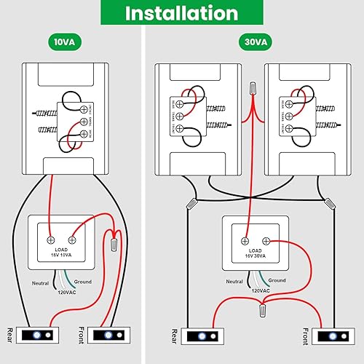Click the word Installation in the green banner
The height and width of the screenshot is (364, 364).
pos(181,13)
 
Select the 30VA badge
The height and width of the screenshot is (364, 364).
pos(251,42)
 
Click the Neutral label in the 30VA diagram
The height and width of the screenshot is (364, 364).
pos(234,281)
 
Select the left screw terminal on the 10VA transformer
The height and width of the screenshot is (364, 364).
pos(50,239)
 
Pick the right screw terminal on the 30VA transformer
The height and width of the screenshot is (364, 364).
pos(266,240)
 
